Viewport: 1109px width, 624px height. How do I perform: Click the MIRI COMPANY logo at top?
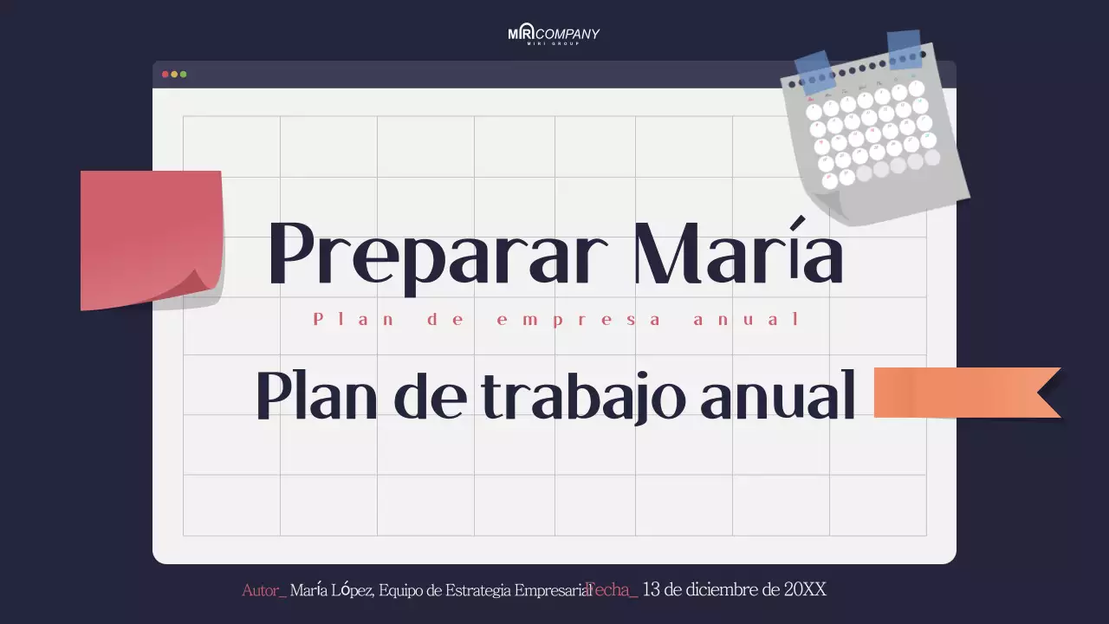pyautogui.click(x=554, y=35)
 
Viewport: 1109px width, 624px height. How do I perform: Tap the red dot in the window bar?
pyautogui.click(x=165, y=75)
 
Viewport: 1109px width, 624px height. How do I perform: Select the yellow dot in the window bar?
pyautogui.click(x=174, y=75)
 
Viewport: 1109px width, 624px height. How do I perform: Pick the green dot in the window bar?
pyautogui.click(x=183, y=75)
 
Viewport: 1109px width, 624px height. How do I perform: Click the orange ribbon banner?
pyautogui.click(x=962, y=392)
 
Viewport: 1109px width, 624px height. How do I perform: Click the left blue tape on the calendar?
pyautogui.click(x=814, y=71)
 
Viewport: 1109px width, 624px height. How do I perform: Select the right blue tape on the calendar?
pyautogui.click(x=905, y=49)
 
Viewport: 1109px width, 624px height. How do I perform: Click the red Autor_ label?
pyautogui.click(x=263, y=591)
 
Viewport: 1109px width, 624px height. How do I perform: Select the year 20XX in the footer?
pyautogui.click(x=805, y=590)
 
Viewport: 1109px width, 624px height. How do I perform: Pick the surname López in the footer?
pyautogui.click(x=350, y=590)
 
